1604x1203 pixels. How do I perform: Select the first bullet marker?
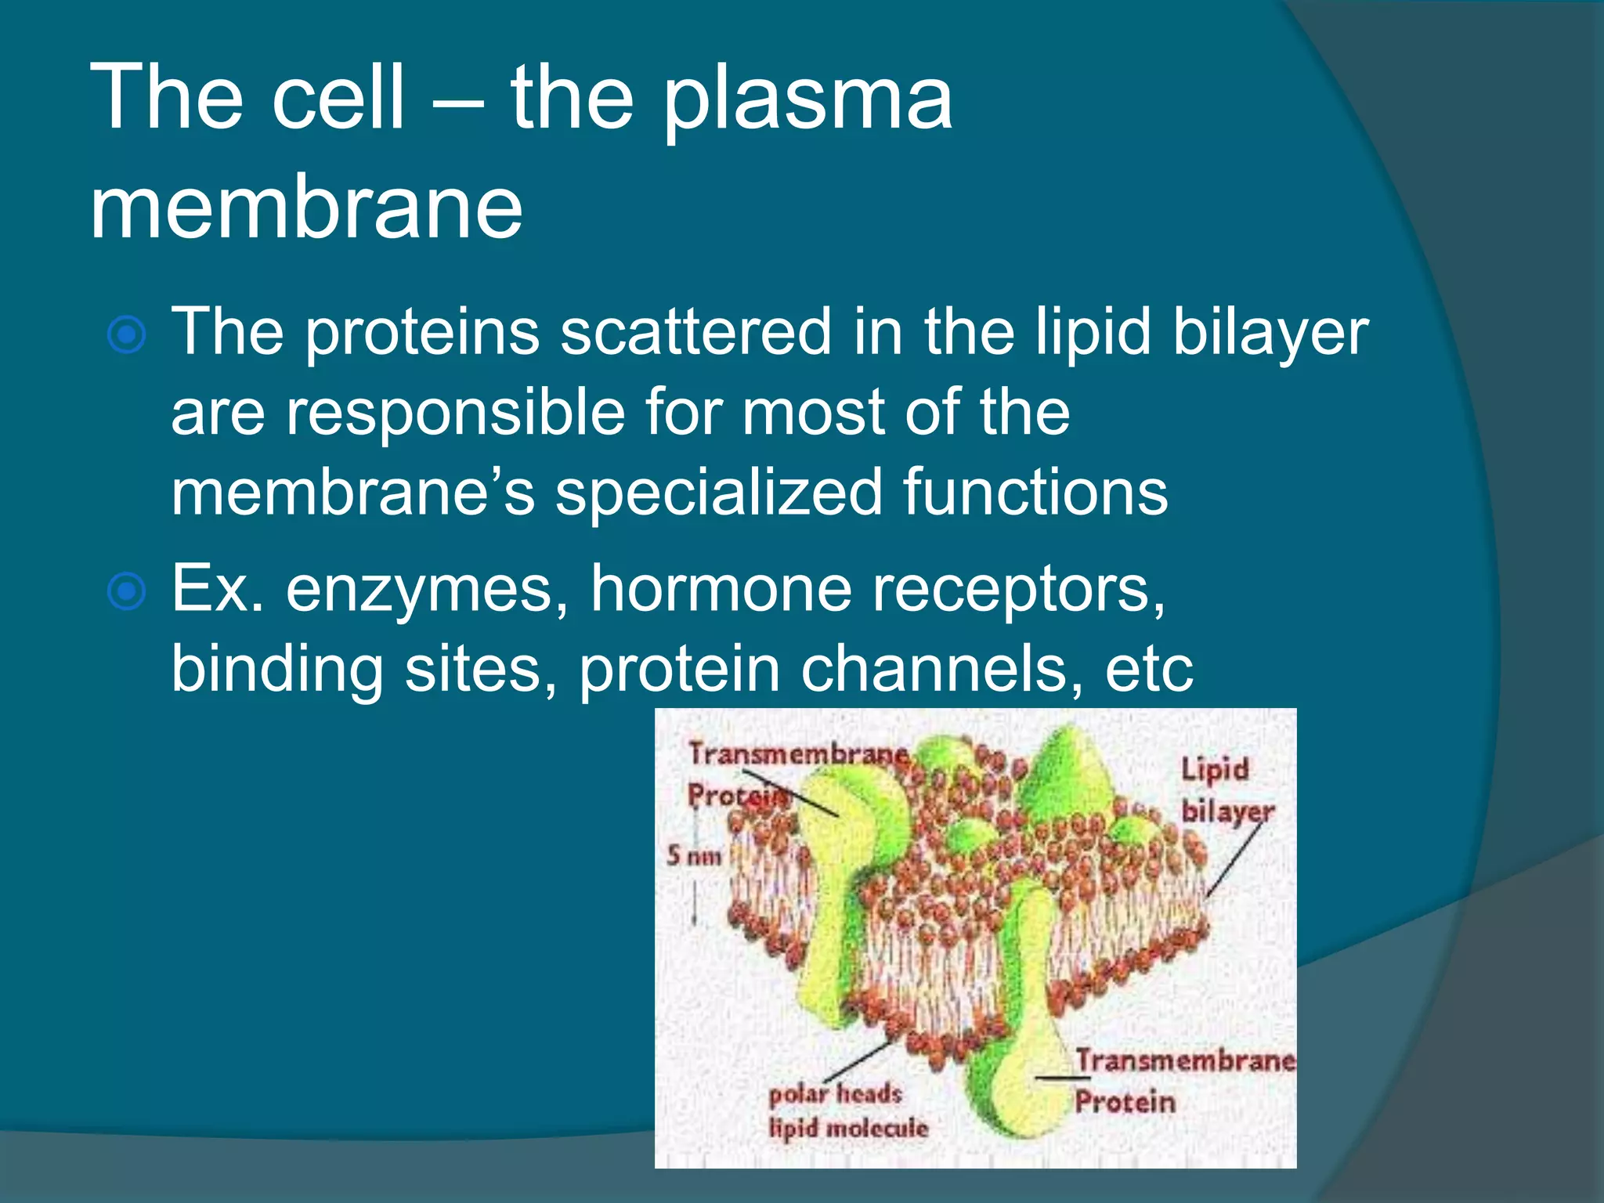coord(126,335)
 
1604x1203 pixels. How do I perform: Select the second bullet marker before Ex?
coord(126,591)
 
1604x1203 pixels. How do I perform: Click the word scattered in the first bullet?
coord(695,332)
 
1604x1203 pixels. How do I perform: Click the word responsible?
coord(454,413)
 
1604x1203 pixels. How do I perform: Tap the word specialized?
coord(718,493)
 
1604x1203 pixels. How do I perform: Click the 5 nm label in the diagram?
coord(693,855)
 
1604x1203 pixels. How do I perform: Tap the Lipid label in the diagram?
coord(1215,769)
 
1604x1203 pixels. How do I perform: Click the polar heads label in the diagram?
coord(835,1093)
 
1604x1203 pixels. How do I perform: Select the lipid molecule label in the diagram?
coord(848,1129)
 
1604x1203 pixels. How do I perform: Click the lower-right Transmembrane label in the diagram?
coord(1185,1060)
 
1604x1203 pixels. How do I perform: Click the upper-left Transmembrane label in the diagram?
coord(797,753)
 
